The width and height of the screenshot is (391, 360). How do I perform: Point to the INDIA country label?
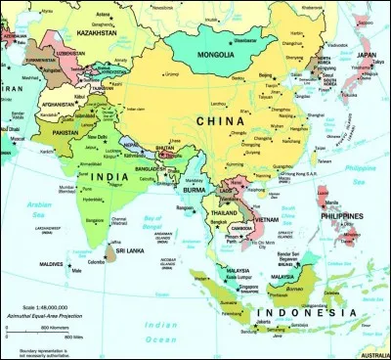tap(112, 176)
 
